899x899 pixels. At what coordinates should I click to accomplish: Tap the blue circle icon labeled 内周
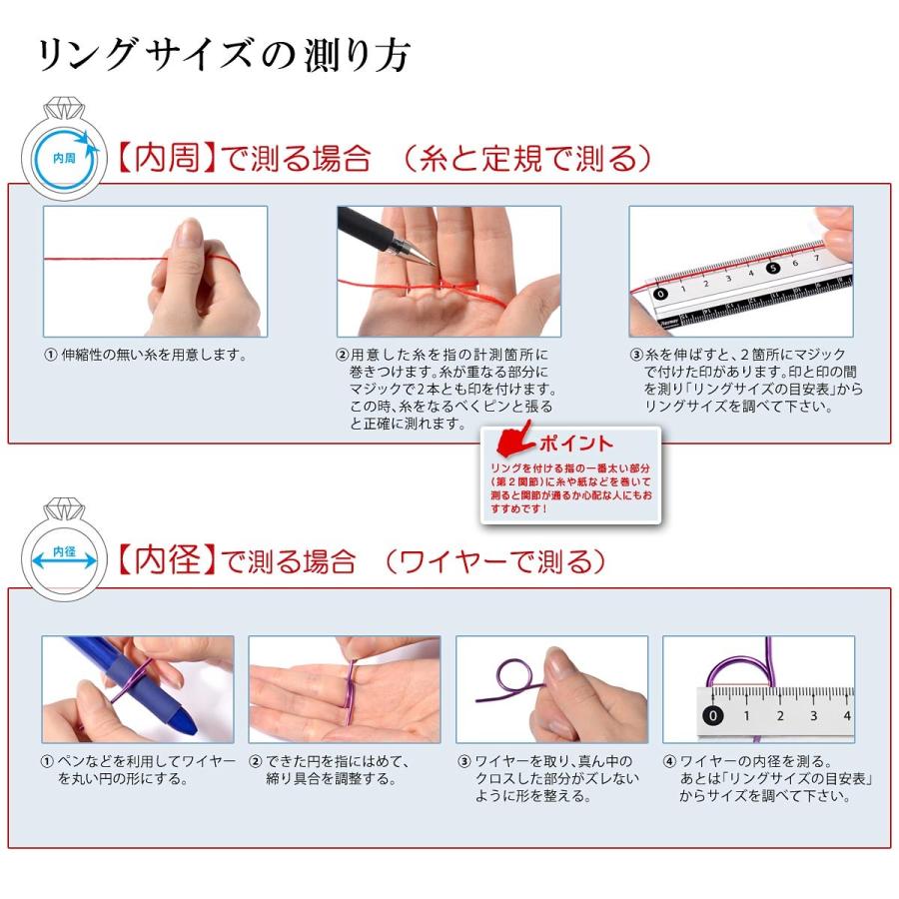(x=63, y=157)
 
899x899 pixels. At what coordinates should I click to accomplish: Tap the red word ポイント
(x=576, y=444)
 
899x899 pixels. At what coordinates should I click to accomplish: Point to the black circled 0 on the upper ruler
(x=660, y=294)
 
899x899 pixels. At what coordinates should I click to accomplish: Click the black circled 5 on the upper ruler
(x=773, y=267)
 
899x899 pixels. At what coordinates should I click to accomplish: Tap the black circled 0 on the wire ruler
(x=712, y=715)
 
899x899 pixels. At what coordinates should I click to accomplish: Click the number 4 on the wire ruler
(x=846, y=714)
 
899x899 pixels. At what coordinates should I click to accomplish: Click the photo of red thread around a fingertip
(x=155, y=271)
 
